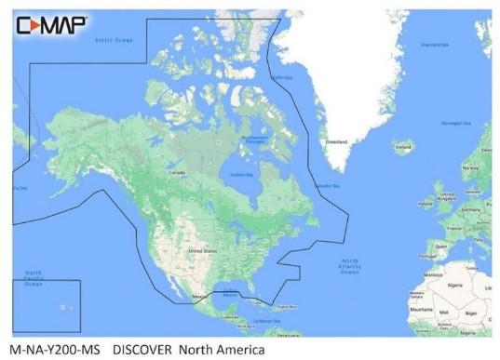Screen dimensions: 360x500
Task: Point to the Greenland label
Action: (335, 142)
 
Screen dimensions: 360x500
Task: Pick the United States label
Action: (203, 251)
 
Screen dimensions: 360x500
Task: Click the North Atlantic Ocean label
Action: (349, 266)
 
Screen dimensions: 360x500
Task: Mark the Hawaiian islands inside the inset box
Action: (65, 307)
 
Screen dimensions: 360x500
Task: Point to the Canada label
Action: (175, 173)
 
